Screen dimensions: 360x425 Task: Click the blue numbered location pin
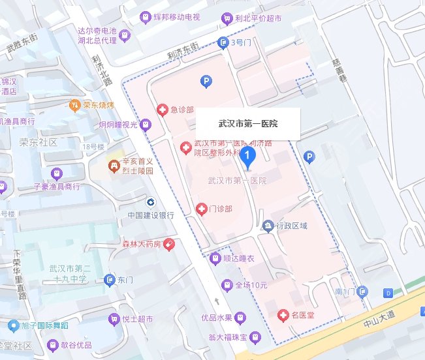click(247, 157)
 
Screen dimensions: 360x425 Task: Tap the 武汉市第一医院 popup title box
click(247, 123)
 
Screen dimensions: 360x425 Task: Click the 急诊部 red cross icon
click(162, 110)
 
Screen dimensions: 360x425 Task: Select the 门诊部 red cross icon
click(201, 209)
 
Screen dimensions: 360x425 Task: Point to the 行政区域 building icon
click(268, 226)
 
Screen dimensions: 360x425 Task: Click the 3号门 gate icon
click(223, 42)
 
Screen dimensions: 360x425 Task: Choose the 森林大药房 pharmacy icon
click(169, 244)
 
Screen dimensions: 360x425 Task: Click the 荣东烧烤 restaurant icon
click(75, 104)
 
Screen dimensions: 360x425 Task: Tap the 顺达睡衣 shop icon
click(215, 258)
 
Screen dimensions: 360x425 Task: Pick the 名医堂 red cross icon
click(283, 316)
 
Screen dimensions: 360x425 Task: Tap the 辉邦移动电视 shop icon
click(146, 16)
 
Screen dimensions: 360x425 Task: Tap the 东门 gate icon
click(110, 280)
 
